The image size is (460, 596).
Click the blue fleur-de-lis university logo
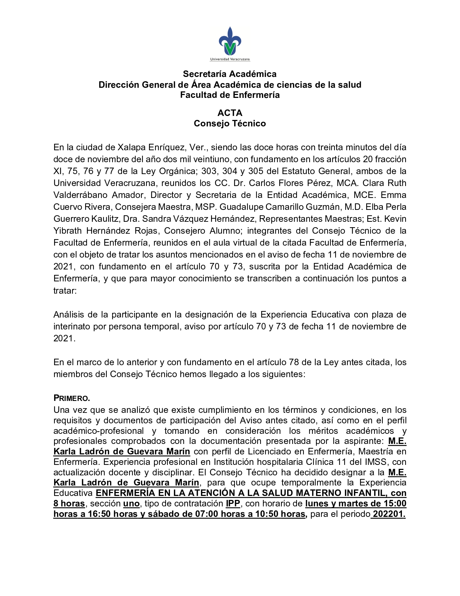tap(230, 41)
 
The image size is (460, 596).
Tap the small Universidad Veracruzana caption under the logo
tap(230, 59)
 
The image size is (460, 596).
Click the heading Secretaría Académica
tap(230, 74)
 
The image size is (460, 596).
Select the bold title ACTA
tap(230, 113)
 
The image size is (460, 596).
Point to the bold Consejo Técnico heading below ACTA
tap(230, 124)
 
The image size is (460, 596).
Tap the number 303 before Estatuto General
tap(210, 171)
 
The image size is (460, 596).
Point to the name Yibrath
tap(67, 231)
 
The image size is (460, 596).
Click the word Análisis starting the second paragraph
tap(69, 315)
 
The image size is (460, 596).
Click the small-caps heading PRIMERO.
tap(72, 398)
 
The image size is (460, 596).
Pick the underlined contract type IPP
tap(233, 504)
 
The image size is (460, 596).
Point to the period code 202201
tap(389, 514)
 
